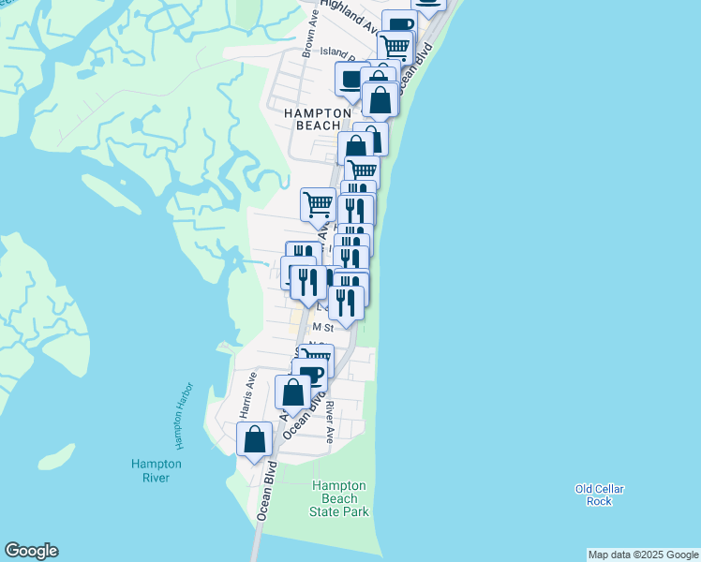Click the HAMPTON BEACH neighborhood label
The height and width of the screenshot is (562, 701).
[318, 118]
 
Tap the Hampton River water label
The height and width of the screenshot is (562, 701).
[157, 470]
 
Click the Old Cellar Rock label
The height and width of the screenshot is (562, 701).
[599, 495]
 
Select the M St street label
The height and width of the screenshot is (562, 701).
[323, 328]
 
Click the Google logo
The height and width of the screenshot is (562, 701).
[31, 551]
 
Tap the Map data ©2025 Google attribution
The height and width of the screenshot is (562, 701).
[644, 555]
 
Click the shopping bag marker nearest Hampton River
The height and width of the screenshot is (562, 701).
[255, 438]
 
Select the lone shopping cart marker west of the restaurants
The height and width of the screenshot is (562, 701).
[318, 202]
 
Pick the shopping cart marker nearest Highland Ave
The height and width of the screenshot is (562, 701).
[395, 44]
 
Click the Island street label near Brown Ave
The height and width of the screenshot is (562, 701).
[334, 52]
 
